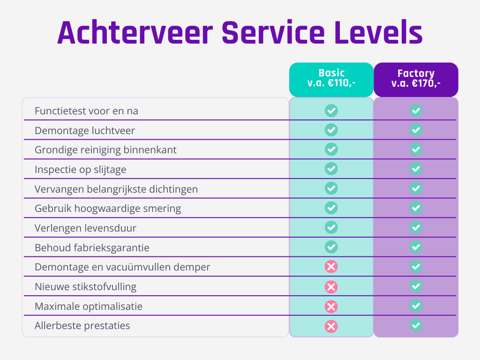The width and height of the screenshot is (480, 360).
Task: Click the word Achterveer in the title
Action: (135, 33)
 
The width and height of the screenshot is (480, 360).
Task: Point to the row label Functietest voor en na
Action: (86, 111)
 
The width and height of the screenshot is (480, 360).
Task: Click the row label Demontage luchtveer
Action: (85, 131)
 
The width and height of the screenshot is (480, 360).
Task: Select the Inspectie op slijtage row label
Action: (81, 170)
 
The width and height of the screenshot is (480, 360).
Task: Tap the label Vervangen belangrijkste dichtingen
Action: (116, 189)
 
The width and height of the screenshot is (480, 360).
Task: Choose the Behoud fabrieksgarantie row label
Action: (92, 247)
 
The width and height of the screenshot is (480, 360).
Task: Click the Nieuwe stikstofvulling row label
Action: (86, 287)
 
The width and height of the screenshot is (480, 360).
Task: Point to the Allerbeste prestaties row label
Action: (82, 326)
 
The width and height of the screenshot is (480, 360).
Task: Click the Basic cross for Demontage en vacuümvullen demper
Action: (331, 267)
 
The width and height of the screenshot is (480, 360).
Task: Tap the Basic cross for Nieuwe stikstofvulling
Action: (331, 287)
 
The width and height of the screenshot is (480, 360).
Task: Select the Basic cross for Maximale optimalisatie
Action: (331, 307)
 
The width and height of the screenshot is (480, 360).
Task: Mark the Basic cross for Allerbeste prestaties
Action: (331, 326)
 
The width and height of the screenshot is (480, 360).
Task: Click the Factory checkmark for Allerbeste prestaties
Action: (416, 325)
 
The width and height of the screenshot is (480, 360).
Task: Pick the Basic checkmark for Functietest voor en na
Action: (331, 111)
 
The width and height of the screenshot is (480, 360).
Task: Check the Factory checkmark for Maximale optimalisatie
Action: (416, 306)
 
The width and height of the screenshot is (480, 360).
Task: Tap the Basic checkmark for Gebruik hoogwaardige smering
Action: (331, 208)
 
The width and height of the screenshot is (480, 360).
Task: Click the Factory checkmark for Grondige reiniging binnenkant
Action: (416, 150)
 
